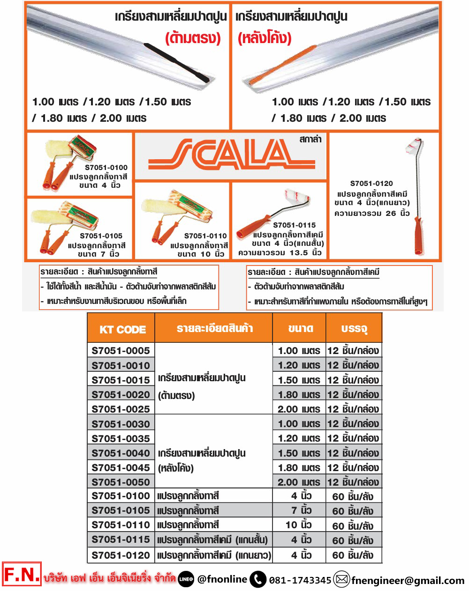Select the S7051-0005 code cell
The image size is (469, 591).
pos(121,351)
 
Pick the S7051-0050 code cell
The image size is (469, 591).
pos(121,482)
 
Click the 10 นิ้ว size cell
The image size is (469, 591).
pos(299,525)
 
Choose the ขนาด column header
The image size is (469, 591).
pos(300,329)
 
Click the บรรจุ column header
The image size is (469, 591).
pos(354,329)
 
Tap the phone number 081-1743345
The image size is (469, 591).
pos(300,580)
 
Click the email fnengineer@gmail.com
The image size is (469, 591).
pos(408,581)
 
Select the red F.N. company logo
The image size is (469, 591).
pos(22,574)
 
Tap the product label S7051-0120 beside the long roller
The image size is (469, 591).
pos(371,184)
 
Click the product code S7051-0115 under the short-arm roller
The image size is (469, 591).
pos(295,225)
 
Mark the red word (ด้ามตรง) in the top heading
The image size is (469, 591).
pos(193,38)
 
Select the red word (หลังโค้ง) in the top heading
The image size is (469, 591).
pos(265,38)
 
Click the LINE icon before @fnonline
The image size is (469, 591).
pos(186,580)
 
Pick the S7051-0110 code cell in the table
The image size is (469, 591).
pos(121,525)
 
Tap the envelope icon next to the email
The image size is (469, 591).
pos(342,580)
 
